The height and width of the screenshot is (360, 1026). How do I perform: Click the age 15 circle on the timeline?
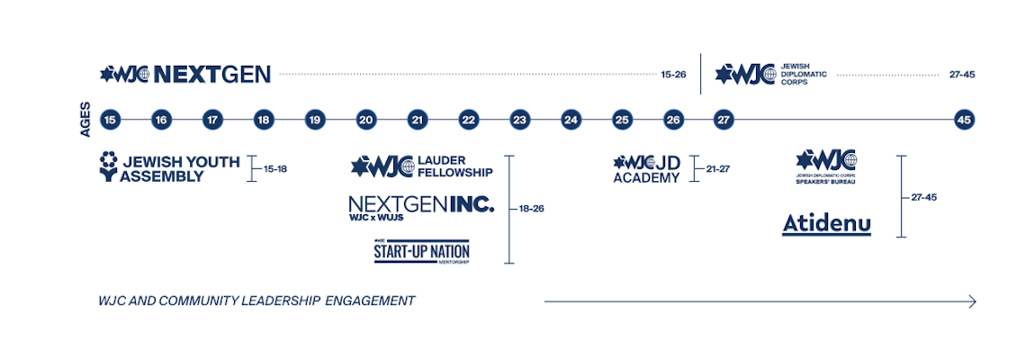click(110, 119)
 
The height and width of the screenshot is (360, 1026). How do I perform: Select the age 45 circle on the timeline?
click(964, 119)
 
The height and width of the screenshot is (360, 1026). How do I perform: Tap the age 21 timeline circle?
click(417, 119)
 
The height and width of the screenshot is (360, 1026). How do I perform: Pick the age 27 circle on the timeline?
click(724, 119)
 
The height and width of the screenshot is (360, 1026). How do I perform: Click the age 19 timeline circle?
click(314, 119)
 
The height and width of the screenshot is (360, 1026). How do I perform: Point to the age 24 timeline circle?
click(571, 119)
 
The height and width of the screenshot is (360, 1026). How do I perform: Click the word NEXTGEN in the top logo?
click(212, 74)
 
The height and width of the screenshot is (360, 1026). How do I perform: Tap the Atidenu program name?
click(826, 222)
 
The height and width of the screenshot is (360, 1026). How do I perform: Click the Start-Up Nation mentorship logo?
click(422, 251)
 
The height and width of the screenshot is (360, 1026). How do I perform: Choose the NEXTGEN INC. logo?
click(421, 208)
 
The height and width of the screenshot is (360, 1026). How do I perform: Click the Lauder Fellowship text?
click(454, 166)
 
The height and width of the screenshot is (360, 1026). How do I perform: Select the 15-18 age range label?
click(274, 168)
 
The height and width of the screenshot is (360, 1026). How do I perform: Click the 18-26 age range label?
click(531, 208)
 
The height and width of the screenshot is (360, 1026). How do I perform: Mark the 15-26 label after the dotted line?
click(673, 75)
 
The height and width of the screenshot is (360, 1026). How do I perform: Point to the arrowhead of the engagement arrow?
click(972, 301)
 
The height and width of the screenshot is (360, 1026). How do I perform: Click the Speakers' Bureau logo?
click(825, 166)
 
